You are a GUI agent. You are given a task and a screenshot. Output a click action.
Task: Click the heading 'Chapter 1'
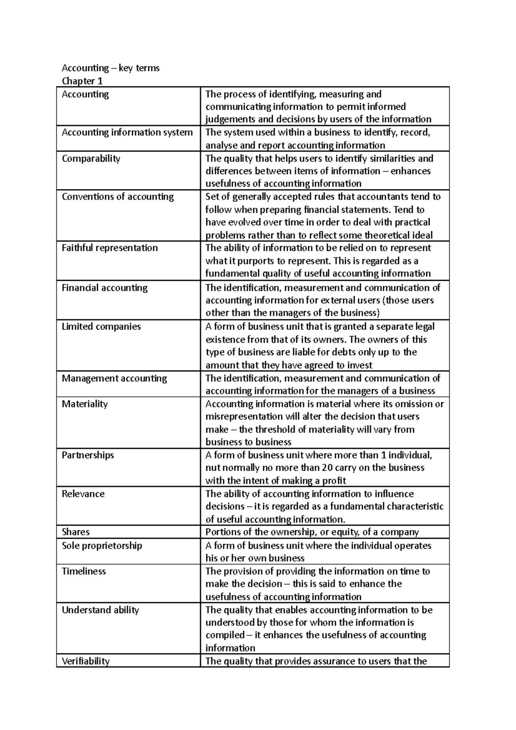tap(82, 81)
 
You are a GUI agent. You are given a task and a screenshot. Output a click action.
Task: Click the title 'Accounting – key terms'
tap(111, 68)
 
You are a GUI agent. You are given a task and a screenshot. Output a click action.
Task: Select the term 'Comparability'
tap(91, 158)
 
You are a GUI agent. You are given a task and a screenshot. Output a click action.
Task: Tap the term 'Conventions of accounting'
tap(117, 196)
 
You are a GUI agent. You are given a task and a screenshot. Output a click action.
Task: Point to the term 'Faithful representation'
tap(110, 248)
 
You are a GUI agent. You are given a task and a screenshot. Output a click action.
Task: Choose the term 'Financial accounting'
tap(104, 288)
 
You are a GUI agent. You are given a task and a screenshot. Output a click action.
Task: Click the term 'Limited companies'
tap(101, 326)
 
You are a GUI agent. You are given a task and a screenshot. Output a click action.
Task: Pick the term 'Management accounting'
tap(114, 378)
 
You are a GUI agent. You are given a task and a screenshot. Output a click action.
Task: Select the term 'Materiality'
tap(85, 404)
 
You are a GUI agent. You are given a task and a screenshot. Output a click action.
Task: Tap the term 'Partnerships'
tap(88, 455)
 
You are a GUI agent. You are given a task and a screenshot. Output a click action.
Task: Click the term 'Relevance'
tap(83, 494)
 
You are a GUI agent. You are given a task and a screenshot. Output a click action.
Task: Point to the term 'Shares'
tap(76, 532)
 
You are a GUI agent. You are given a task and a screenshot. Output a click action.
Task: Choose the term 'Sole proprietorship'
tap(101, 546)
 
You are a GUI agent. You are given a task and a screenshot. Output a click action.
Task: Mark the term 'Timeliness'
tap(83, 571)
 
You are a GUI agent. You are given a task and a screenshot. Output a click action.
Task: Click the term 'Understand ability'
tap(100, 610)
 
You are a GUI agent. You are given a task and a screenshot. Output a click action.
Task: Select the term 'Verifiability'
tap(86, 661)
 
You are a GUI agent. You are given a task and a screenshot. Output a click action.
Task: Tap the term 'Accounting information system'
tap(127, 132)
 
